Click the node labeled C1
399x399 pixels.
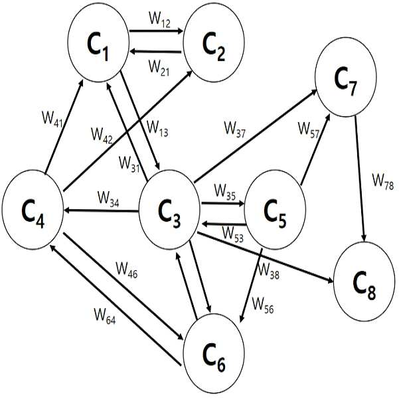tap(98, 42)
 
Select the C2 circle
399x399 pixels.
tap(214, 42)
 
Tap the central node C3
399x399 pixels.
tap(169, 210)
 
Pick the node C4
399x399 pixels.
tap(33, 210)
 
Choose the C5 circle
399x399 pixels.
tap(275, 210)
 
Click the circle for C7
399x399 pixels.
tap(346, 77)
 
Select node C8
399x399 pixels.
tap(364, 281)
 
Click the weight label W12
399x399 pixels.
tap(159, 20)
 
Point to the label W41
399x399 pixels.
tap(52, 119)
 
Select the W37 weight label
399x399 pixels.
tap(234, 129)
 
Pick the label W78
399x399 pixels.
tap(383, 182)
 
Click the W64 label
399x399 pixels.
tap(105, 317)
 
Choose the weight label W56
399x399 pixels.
tap(263, 305)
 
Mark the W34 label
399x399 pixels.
tap(108, 199)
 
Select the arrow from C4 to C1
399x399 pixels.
tap(64, 127)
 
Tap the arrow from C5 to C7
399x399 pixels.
tap(315, 150)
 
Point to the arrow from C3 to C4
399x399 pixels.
tap(101, 210)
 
